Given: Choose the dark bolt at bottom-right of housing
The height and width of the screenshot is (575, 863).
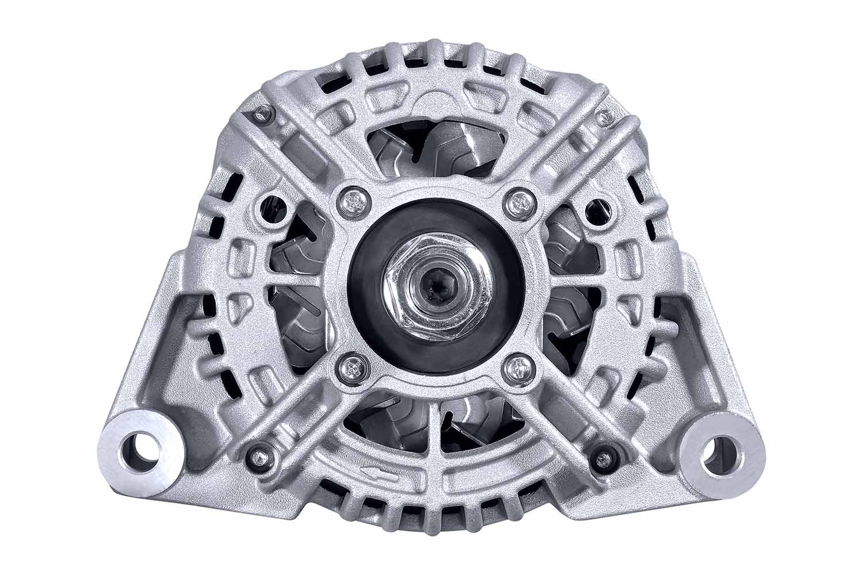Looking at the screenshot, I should click(x=602, y=458).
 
